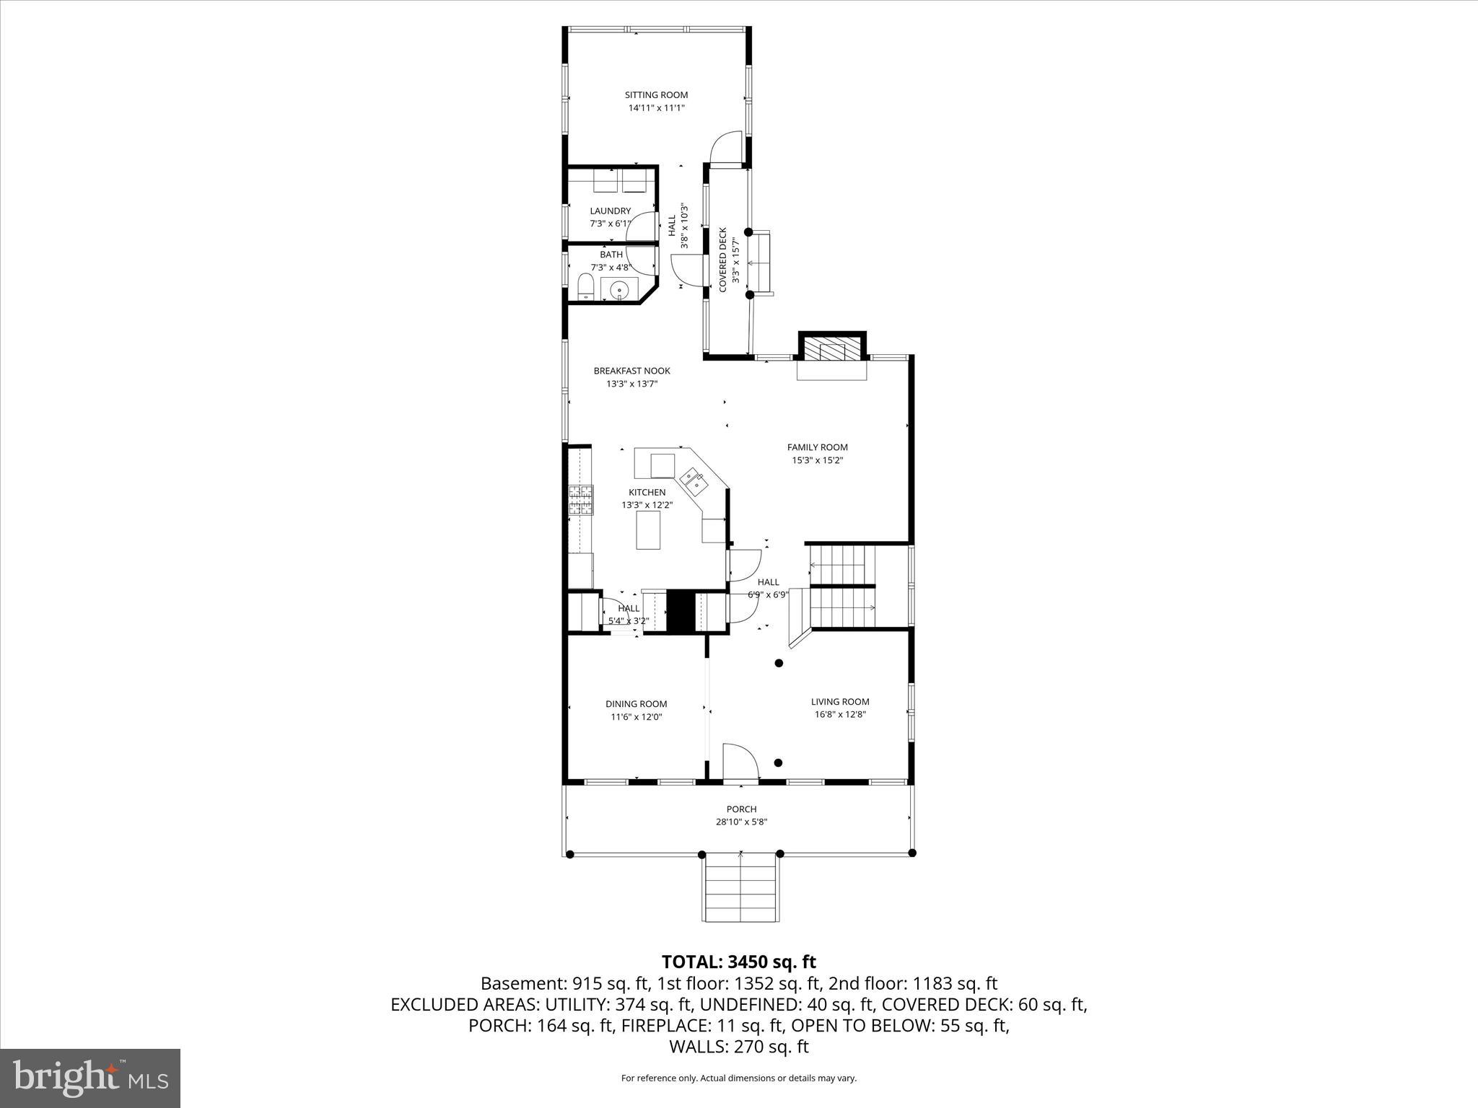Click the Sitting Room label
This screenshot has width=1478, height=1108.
[x=656, y=94]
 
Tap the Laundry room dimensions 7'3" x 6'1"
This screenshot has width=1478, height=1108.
[x=610, y=224]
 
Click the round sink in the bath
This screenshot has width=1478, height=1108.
[x=619, y=291]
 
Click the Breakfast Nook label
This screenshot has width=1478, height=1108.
[x=631, y=371]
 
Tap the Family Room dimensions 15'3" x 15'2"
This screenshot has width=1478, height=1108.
[x=817, y=460]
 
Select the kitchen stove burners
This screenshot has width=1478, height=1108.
[x=580, y=500]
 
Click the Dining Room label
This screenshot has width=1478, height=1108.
[x=636, y=704]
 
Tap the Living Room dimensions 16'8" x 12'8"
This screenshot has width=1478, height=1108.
[x=839, y=715]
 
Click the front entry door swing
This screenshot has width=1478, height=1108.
[x=740, y=763]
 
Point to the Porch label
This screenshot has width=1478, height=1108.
[x=741, y=809]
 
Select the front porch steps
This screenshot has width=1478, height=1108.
[x=740, y=888]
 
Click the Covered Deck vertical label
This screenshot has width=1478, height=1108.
[x=723, y=260]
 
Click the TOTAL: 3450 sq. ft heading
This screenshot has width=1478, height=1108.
[x=738, y=962]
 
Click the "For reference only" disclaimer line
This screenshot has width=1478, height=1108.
[x=738, y=1078]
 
